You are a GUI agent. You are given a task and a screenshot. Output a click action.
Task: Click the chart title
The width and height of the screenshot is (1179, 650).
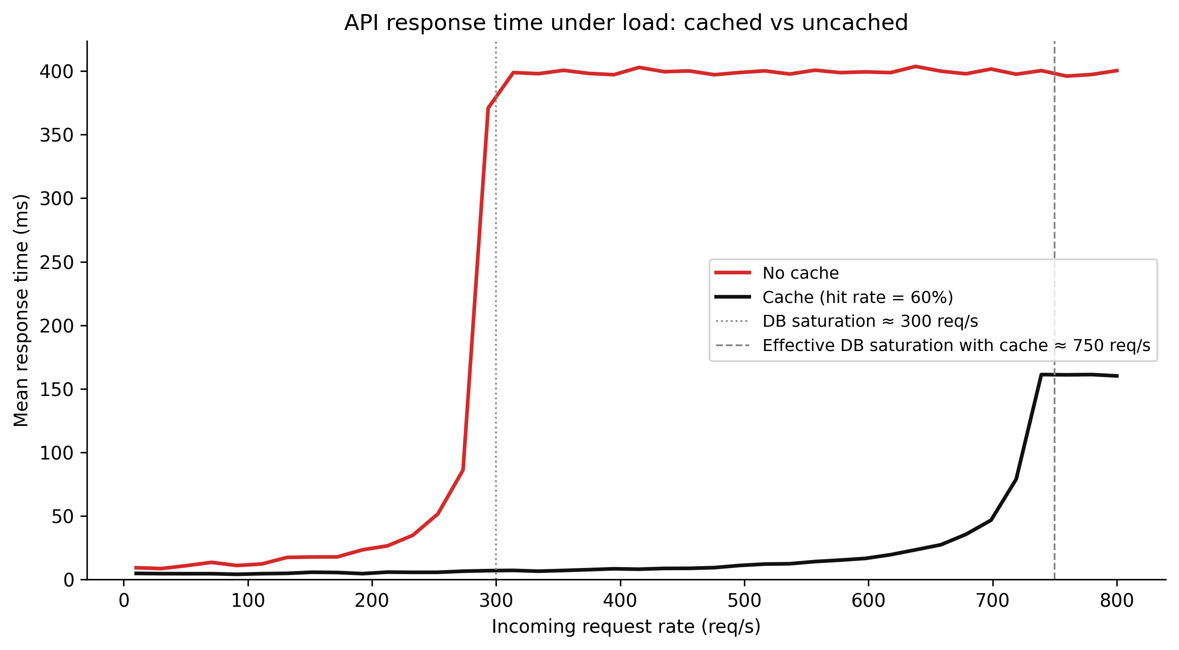(626, 23)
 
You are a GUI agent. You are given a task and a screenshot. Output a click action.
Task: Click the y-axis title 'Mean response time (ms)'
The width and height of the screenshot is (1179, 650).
(21, 310)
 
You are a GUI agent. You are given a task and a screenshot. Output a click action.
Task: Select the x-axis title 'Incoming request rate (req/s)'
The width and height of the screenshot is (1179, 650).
(626, 626)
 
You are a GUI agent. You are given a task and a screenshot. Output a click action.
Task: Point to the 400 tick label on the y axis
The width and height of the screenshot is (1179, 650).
(56, 71)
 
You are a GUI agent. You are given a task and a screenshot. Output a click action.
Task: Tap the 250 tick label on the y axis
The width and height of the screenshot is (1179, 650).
(56, 262)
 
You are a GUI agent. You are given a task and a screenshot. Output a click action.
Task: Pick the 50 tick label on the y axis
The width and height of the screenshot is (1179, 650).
(62, 517)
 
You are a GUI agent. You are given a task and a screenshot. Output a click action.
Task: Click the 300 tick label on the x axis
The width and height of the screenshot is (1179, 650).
(496, 600)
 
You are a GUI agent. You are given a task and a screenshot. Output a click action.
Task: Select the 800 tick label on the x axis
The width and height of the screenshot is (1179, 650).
(1117, 600)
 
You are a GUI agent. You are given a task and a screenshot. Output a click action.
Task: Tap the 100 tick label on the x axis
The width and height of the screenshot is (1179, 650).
(248, 600)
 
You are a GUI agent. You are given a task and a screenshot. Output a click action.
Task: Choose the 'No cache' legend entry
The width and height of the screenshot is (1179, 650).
(800, 273)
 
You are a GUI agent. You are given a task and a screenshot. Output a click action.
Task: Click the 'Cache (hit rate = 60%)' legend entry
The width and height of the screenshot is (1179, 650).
(857, 297)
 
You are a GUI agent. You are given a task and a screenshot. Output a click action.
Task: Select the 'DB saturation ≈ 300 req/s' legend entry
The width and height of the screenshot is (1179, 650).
(870, 321)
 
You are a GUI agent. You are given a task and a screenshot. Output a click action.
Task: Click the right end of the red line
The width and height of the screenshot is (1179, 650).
(1118, 71)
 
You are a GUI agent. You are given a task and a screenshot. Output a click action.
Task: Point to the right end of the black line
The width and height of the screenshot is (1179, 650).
(1118, 376)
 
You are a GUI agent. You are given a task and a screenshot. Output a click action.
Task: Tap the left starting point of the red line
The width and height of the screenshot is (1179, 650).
(135, 568)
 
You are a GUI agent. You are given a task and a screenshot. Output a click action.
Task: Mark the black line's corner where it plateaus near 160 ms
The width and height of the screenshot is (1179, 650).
(1041, 375)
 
